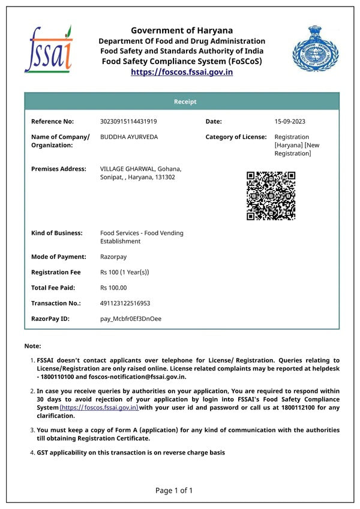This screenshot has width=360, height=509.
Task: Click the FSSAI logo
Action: point(48,48)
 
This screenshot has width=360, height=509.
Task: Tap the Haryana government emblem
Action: point(315,48)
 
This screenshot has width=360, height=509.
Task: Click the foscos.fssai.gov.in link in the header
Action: point(182,72)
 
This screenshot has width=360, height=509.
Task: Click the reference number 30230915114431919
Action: point(128,122)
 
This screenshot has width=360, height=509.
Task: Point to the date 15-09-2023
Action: point(290,122)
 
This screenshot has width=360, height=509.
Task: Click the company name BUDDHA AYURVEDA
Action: point(129,137)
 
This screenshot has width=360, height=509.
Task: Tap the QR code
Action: point(271,195)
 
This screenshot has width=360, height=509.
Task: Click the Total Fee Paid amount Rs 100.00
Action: point(113,288)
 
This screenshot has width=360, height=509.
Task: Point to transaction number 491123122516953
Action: point(125,303)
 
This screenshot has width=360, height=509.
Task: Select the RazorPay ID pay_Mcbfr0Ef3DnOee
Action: point(131,319)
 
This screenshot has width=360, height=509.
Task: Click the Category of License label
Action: point(236,137)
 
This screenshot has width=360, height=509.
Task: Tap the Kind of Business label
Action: point(58,233)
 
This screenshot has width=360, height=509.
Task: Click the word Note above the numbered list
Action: point(32,347)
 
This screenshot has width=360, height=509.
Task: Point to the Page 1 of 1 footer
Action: point(174,490)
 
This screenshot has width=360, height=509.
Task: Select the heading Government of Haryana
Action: point(182,31)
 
